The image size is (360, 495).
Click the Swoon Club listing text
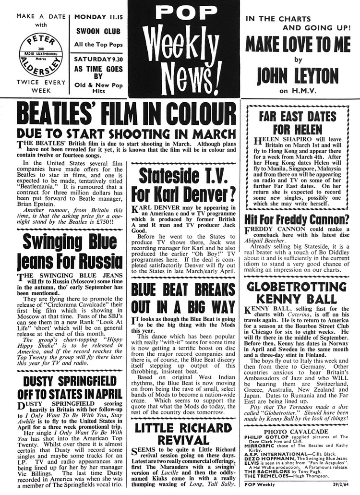coord(99,32)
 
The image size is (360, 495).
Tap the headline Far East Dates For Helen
coord(298,123)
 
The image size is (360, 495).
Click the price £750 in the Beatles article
coord(103,222)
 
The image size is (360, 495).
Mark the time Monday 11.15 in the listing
coord(99,17)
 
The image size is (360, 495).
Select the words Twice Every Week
coord(41,86)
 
